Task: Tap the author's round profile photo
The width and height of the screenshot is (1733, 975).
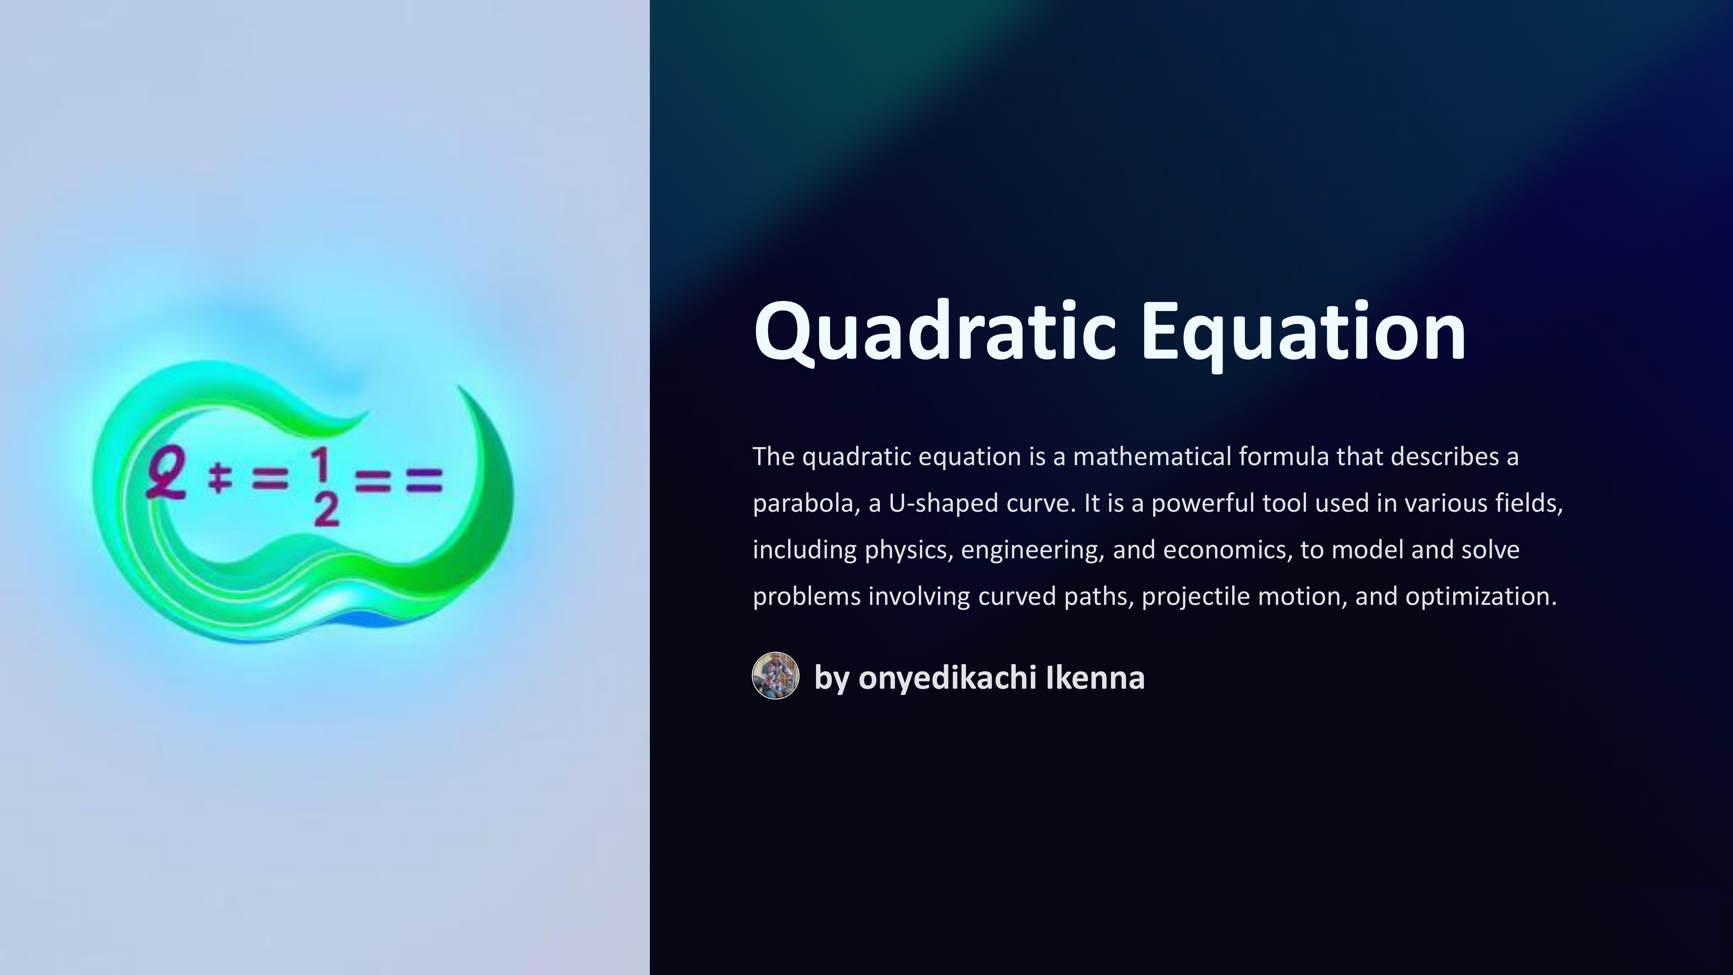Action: click(x=776, y=676)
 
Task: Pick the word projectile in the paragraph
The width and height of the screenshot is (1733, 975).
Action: click(x=1195, y=597)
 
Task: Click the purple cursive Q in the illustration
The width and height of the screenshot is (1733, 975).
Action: click(x=165, y=474)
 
